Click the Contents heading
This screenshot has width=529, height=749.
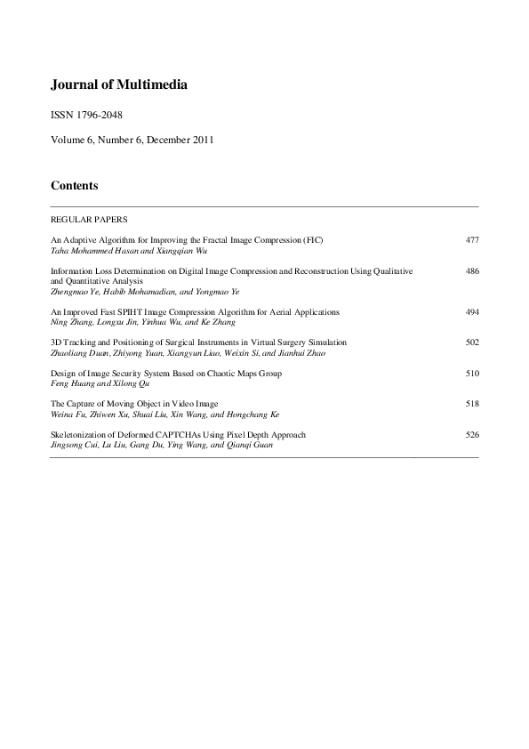(74, 186)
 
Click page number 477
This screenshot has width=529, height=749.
(472, 240)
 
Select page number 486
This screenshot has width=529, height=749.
(472, 270)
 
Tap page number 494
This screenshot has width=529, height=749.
(472, 312)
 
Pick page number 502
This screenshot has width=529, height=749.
(472, 342)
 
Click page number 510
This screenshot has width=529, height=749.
(472, 374)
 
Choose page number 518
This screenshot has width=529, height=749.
(472, 404)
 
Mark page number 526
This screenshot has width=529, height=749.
(472, 435)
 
